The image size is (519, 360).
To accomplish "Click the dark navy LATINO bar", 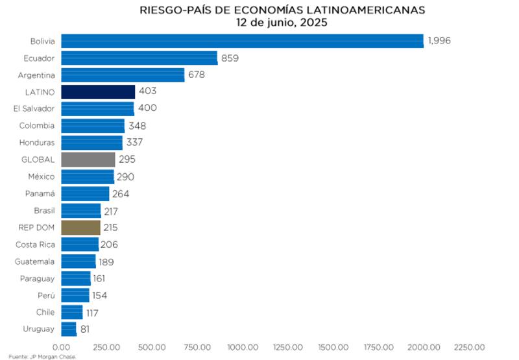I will [x=98, y=92].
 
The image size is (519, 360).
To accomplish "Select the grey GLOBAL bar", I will [x=88, y=160].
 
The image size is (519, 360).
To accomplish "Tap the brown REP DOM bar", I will [x=80, y=228].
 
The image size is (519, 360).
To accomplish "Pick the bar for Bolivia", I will [x=242, y=41].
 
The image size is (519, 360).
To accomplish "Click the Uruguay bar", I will [x=69, y=329].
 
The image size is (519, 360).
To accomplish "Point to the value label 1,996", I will [x=439, y=41].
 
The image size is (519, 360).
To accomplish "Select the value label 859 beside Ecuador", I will [x=230, y=58].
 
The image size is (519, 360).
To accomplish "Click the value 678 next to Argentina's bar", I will [x=197, y=75].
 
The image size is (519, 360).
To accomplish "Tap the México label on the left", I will [x=41, y=176].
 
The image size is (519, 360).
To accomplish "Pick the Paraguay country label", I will [x=38, y=278].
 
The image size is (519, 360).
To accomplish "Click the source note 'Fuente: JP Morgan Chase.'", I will [x=43, y=356].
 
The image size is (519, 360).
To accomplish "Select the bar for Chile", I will [x=72, y=312].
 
